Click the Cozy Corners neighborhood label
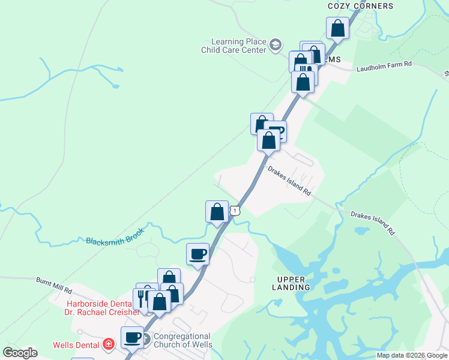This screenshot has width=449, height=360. [x=360, y=6]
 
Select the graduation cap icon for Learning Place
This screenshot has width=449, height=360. [x=275, y=44]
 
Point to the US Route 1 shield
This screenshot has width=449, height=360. [x=235, y=210]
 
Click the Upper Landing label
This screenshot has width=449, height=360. [x=294, y=283]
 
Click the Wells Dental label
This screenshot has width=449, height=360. [x=76, y=344]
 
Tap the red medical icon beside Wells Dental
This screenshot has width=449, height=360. [x=108, y=344]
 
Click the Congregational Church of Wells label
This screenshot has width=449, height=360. [x=182, y=340]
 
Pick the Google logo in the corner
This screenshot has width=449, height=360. [x=20, y=353]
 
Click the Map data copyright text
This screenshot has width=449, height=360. [x=411, y=355]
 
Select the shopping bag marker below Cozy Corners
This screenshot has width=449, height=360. [x=338, y=28]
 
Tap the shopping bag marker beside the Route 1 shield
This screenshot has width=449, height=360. [x=217, y=211]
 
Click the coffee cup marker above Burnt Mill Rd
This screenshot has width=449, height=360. [x=197, y=255]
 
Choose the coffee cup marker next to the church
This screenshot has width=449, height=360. [x=132, y=337]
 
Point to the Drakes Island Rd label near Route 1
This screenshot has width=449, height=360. [x=289, y=180]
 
